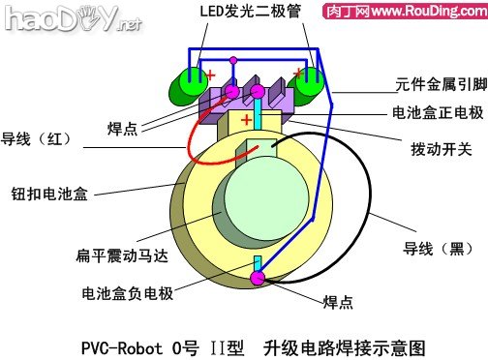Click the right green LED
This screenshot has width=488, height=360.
pos(310,85)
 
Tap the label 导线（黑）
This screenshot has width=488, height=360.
pos(438,248)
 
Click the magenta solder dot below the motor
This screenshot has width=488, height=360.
pos(258,279)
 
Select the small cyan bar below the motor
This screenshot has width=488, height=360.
pos(258,263)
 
